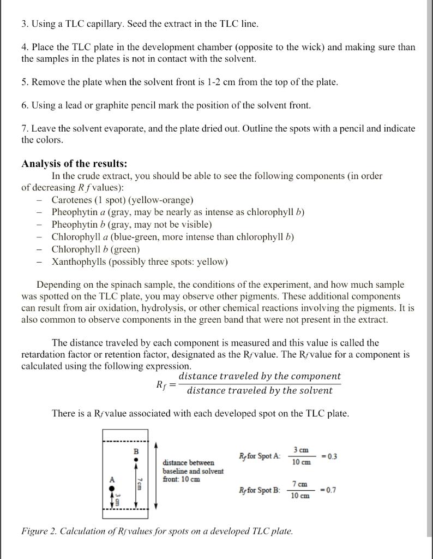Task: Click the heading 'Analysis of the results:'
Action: pyautogui.click(x=74, y=164)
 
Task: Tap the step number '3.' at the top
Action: pyautogui.click(x=26, y=24)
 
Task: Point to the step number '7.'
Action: pyautogui.click(x=26, y=129)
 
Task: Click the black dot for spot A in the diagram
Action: pyautogui.click(x=113, y=489)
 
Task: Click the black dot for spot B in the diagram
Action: pyautogui.click(x=136, y=460)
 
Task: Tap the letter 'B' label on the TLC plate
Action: pyautogui.click(x=136, y=451)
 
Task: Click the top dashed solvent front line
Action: pyautogui.click(x=125, y=442)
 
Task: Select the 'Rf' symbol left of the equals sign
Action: pyautogui.click(x=160, y=384)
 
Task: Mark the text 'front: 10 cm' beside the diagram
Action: pyautogui.click(x=181, y=479)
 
